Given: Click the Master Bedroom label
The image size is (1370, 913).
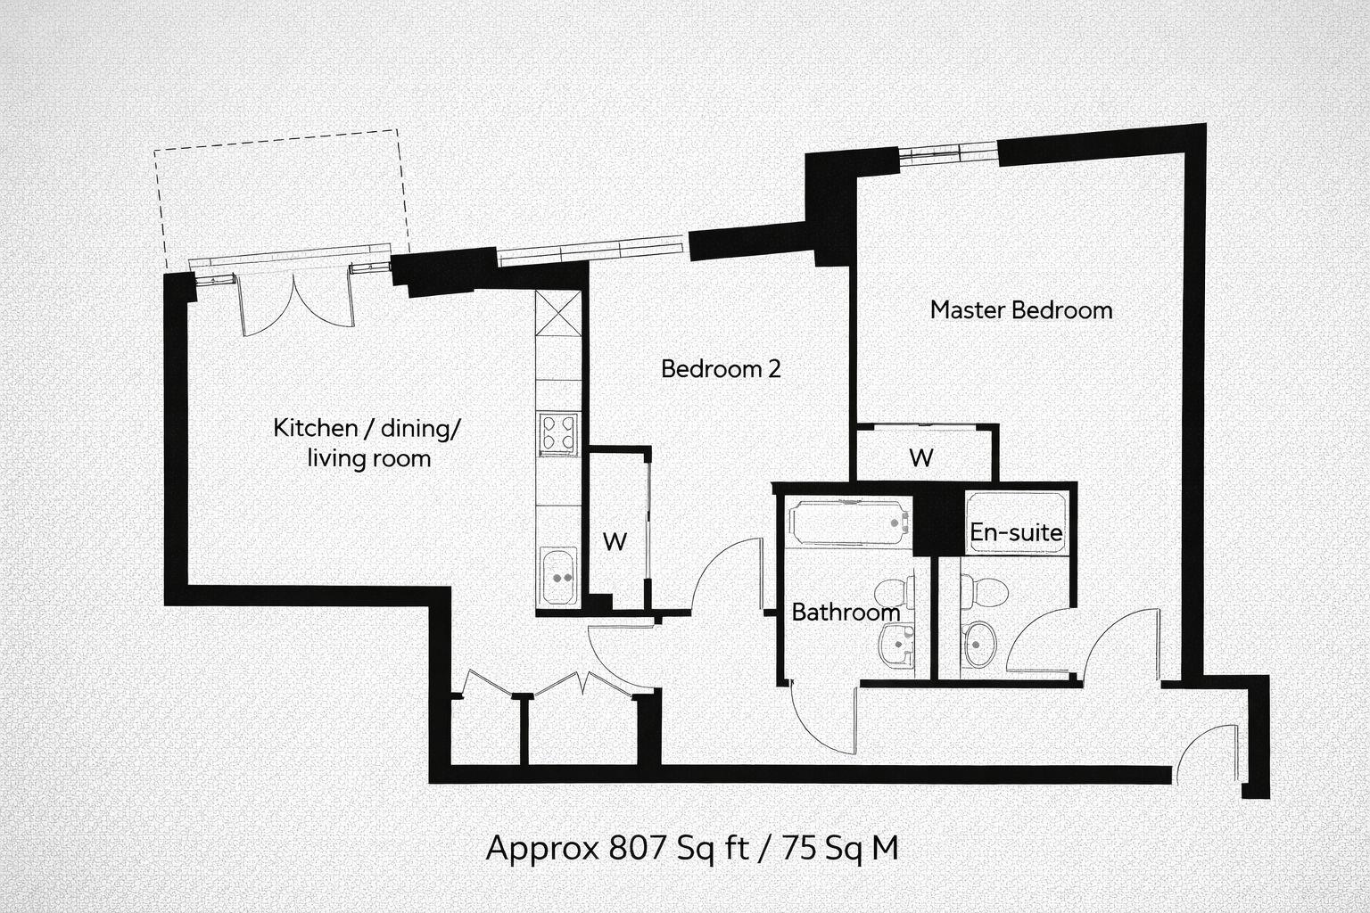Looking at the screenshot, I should point(1020,310).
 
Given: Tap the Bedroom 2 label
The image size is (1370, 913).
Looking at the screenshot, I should point(721,368).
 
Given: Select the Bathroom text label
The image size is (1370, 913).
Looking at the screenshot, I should point(845,613).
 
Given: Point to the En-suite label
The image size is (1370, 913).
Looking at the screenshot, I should point(1016,533).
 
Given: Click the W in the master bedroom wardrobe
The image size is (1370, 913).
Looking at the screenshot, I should point(920,457).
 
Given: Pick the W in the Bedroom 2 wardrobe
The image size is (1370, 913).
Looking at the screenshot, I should point(614,541).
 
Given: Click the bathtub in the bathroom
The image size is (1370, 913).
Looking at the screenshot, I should point(848,522).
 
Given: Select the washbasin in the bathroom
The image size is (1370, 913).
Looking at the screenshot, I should point(897,642).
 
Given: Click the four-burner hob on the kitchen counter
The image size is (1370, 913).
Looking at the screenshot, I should point(558,434).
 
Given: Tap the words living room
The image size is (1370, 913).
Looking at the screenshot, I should point(368,459).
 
